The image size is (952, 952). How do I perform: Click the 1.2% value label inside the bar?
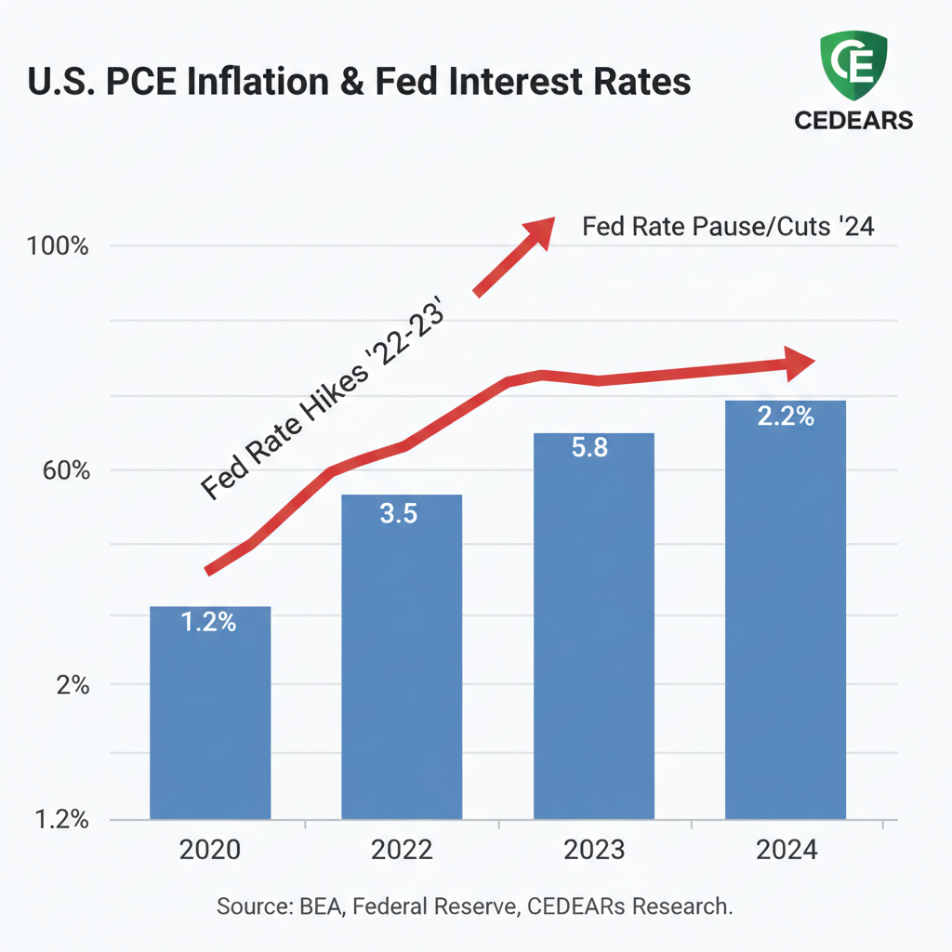209,623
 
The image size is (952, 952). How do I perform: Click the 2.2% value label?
786,416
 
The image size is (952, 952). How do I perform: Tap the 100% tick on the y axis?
59,248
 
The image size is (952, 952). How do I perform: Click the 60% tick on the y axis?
63,471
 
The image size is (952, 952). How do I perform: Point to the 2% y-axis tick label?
72,686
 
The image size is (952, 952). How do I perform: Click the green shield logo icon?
852,68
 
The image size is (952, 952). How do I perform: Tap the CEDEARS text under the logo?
853,121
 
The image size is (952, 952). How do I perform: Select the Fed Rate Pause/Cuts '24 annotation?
727,227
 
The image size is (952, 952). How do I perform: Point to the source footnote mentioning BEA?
475,906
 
